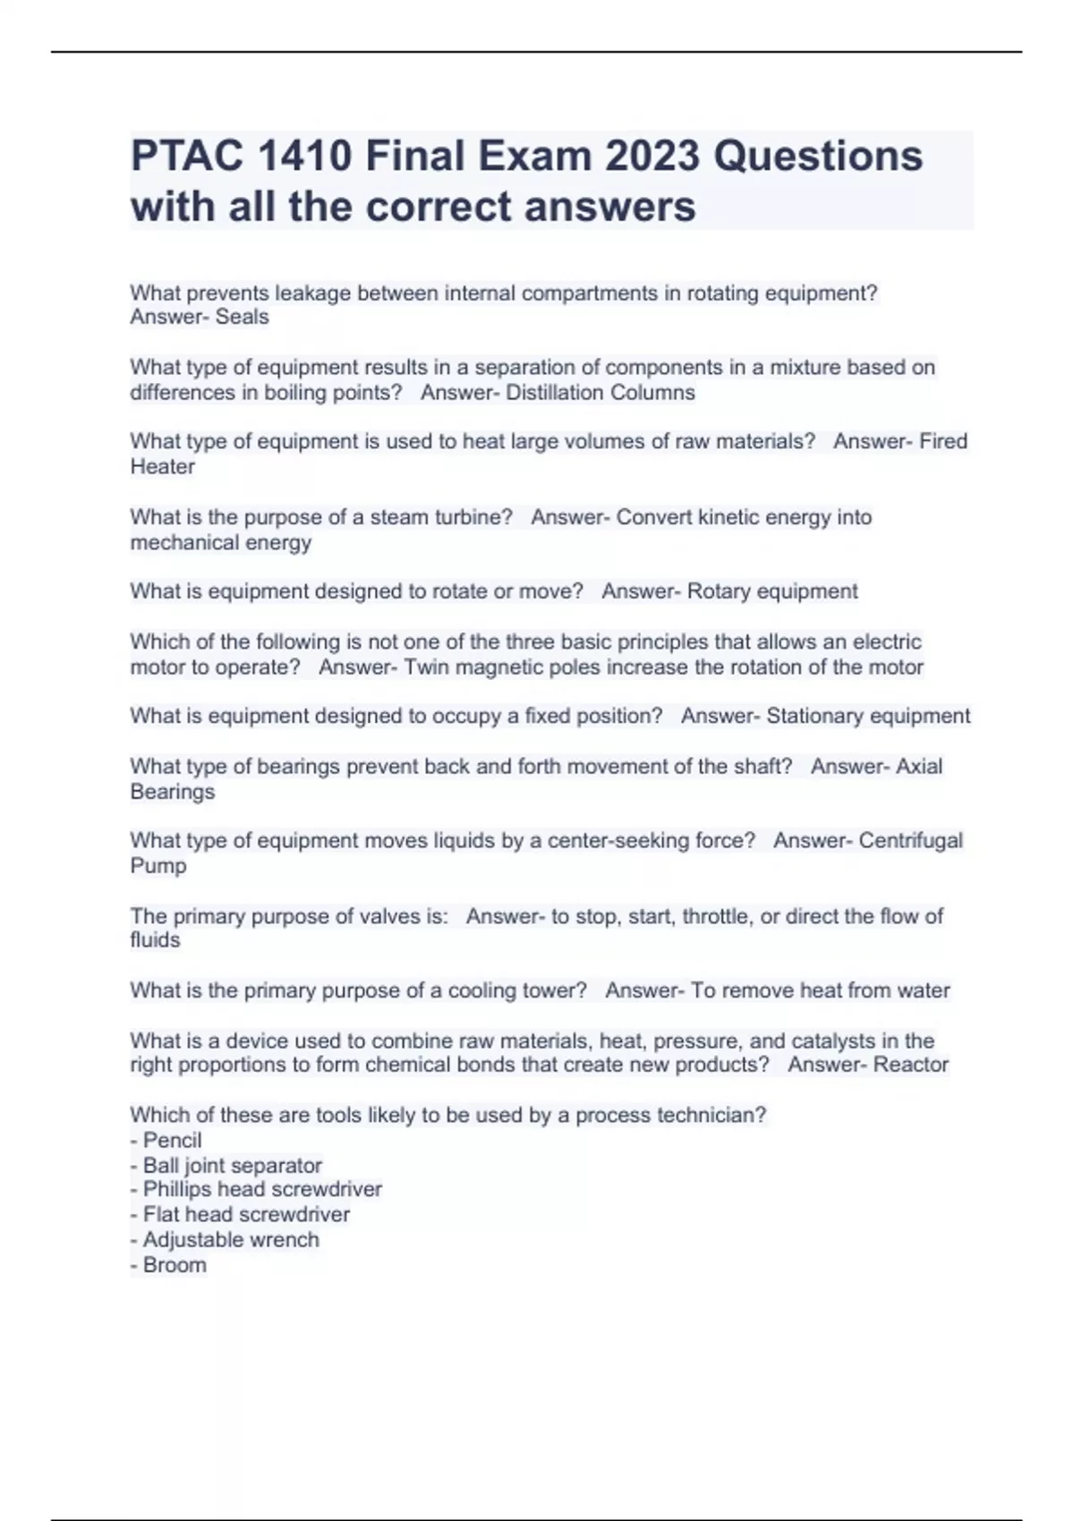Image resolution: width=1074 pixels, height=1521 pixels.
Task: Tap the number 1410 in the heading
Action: click(x=304, y=157)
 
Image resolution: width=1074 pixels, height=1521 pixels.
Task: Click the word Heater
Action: click(x=162, y=466)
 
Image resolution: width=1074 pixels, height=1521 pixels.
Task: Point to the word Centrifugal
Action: click(x=910, y=841)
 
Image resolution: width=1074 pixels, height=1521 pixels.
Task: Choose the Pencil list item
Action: click(x=172, y=1141)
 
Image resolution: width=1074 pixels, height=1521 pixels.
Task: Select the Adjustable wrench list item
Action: click(x=230, y=1240)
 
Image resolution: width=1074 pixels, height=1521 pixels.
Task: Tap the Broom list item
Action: click(x=174, y=1265)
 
